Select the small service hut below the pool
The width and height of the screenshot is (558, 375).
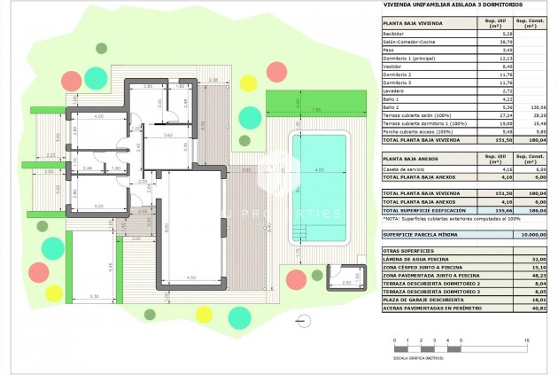[345, 275]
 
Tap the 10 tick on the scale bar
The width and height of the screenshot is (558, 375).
[527, 341]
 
